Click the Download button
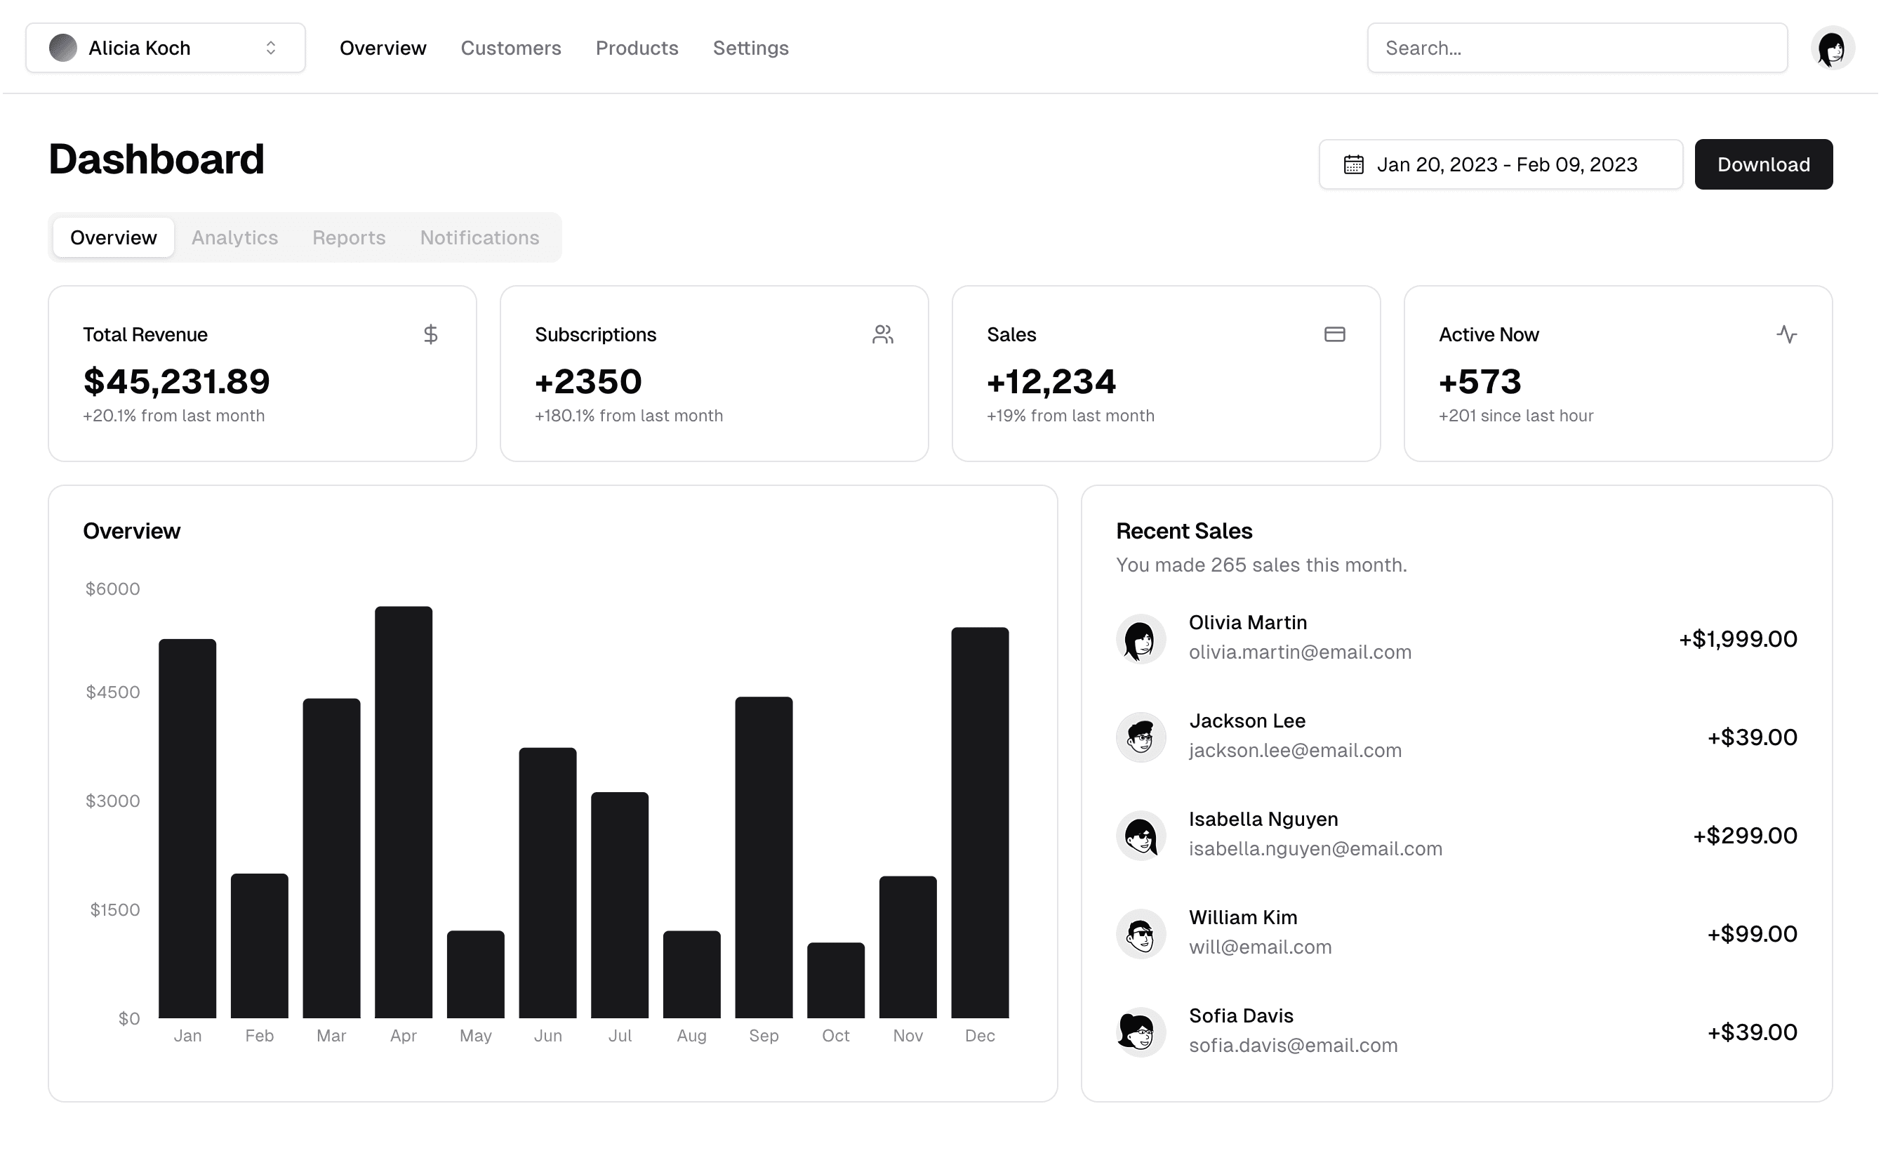[1762, 164]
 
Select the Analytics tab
[234, 237]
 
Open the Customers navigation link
[511, 48]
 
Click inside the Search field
[1576, 48]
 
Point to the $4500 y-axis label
[113, 692]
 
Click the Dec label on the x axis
[979, 1036]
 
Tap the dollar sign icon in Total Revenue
[430, 334]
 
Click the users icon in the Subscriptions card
[882, 334]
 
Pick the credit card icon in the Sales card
[1334, 334]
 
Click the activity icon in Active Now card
[1786, 334]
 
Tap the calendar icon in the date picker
[1353, 164]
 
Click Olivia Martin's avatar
[1141, 638]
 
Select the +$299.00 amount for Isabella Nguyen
[1744, 836]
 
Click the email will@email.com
[1260, 947]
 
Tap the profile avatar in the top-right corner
[1832, 48]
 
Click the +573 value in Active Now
[1480, 382]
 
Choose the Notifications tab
[479, 237]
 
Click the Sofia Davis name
[1240, 1015]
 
